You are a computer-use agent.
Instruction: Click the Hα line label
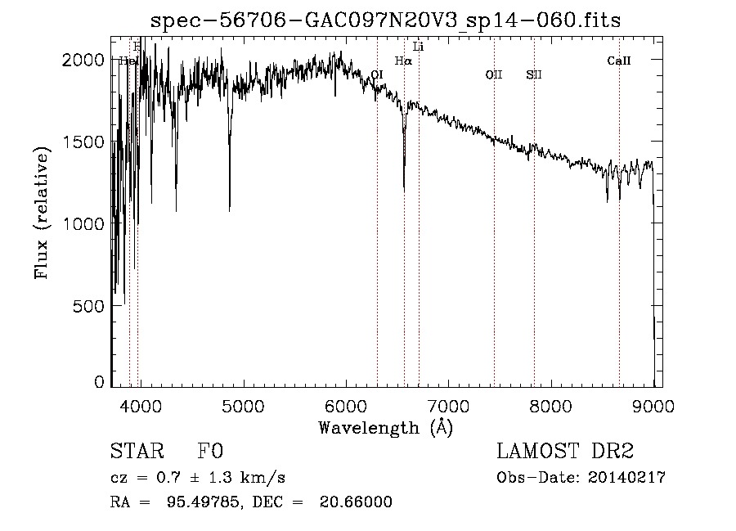[x=403, y=61]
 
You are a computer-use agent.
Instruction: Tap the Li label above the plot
[x=418, y=47]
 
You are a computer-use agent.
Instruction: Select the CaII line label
[x=619, y=61]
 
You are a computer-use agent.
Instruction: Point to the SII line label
[x=534, y=75]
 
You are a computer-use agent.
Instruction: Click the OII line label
[x=494, y=75]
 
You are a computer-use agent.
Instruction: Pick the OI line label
[x=377, y=75]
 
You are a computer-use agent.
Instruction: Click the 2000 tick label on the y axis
[x=86, y=60]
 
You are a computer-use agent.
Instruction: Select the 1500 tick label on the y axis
[x=86, y=142]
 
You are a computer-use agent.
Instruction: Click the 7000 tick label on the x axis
[x=448, y=405]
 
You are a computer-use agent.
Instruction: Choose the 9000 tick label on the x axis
[x=653, y=405]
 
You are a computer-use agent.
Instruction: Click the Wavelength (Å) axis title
[x=385, y=427]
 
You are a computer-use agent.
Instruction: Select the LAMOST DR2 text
[x=565, y=452]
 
